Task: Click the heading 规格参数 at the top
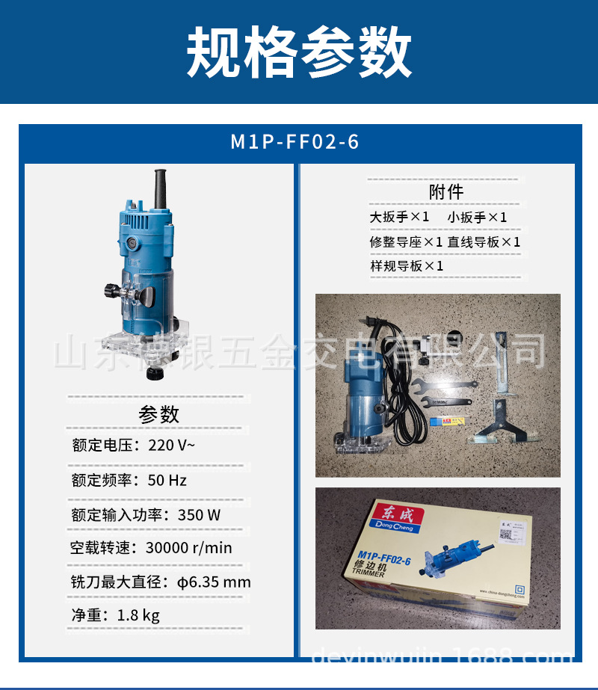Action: tap(299, 52)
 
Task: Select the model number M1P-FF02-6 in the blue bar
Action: tap(295, 142)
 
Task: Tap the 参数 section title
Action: tap(159, 413)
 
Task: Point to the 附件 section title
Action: tap(446, 192)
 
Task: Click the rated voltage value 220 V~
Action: tap(172, 446)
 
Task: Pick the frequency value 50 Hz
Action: tap(167, 480)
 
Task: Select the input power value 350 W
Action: tap(199, 515)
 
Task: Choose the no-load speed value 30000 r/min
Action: tap(188, 548)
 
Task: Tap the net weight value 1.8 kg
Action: tap(138, 616)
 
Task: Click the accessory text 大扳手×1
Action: tap(400, 218)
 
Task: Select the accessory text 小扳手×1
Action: tap(478, 218)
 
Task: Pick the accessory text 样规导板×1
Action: tap(407, 266)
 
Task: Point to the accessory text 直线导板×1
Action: tap(484, 242)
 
